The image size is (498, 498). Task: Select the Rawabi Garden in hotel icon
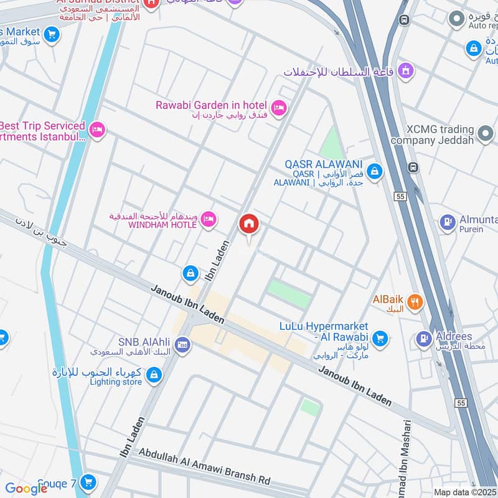[x=279, y=108]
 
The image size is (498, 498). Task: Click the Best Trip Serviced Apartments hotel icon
[x=96, y=130]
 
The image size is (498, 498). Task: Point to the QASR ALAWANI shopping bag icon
[x=374, y=171]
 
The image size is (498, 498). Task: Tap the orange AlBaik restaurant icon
[x=415, y=303]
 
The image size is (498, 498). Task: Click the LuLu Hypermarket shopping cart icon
[x=380, y=339]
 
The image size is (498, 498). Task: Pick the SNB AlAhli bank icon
[x=182, y=345]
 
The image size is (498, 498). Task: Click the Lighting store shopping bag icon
[x=154, y=375]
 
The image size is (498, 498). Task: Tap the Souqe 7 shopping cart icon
[x=88, y=482]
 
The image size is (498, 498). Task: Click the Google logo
[x=26, y=489]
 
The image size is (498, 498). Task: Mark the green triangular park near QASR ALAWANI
[x=332, y=144]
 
